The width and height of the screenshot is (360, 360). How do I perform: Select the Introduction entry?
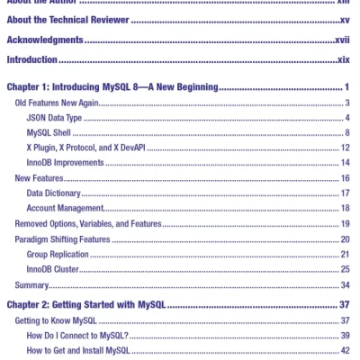pyautogui.click(x=31, y=59)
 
